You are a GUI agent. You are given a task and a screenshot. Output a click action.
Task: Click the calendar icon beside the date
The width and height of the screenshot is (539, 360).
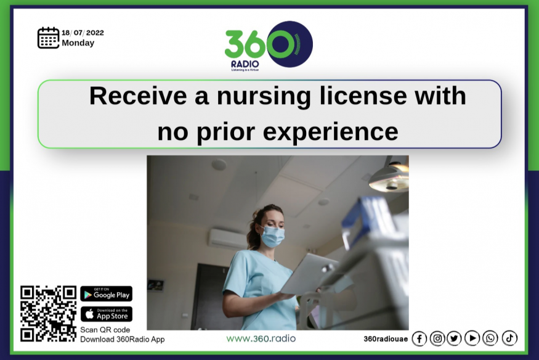(48, 38)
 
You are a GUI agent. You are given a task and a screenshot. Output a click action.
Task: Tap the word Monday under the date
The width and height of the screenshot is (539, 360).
(78, 43)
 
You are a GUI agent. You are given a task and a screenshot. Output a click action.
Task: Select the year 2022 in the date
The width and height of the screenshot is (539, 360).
(95, 33)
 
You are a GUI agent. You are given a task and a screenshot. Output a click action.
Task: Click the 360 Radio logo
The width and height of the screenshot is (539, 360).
(269, 46)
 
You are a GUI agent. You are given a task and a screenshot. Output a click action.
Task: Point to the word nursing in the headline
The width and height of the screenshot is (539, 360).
(264, 97)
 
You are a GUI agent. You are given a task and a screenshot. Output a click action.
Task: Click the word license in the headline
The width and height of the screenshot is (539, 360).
(363, 96)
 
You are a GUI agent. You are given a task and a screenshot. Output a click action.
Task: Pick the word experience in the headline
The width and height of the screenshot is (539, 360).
(330, 133)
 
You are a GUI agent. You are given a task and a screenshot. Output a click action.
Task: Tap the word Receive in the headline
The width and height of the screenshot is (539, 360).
(139, 96)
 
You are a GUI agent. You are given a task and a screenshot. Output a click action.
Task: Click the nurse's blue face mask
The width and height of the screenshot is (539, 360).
(272, 235)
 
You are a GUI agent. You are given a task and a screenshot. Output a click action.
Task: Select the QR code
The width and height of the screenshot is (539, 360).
(48, 314)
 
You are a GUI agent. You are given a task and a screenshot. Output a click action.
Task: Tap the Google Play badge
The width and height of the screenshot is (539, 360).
(106, 293)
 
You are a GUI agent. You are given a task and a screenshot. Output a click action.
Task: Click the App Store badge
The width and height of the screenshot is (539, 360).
(106, 314)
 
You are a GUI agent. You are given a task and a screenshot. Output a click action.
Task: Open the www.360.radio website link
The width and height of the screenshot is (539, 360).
(261, 338)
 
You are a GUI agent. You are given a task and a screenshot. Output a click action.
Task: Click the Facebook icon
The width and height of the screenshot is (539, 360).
(419, 338)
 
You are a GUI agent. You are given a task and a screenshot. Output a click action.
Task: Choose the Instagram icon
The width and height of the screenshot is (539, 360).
(437, 338)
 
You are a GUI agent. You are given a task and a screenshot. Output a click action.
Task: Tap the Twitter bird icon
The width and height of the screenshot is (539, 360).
(454, 338)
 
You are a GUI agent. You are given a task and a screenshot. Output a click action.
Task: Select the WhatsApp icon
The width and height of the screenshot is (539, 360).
(490, 338)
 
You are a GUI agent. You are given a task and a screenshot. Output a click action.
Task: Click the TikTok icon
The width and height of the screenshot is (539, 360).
(509, 338)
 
